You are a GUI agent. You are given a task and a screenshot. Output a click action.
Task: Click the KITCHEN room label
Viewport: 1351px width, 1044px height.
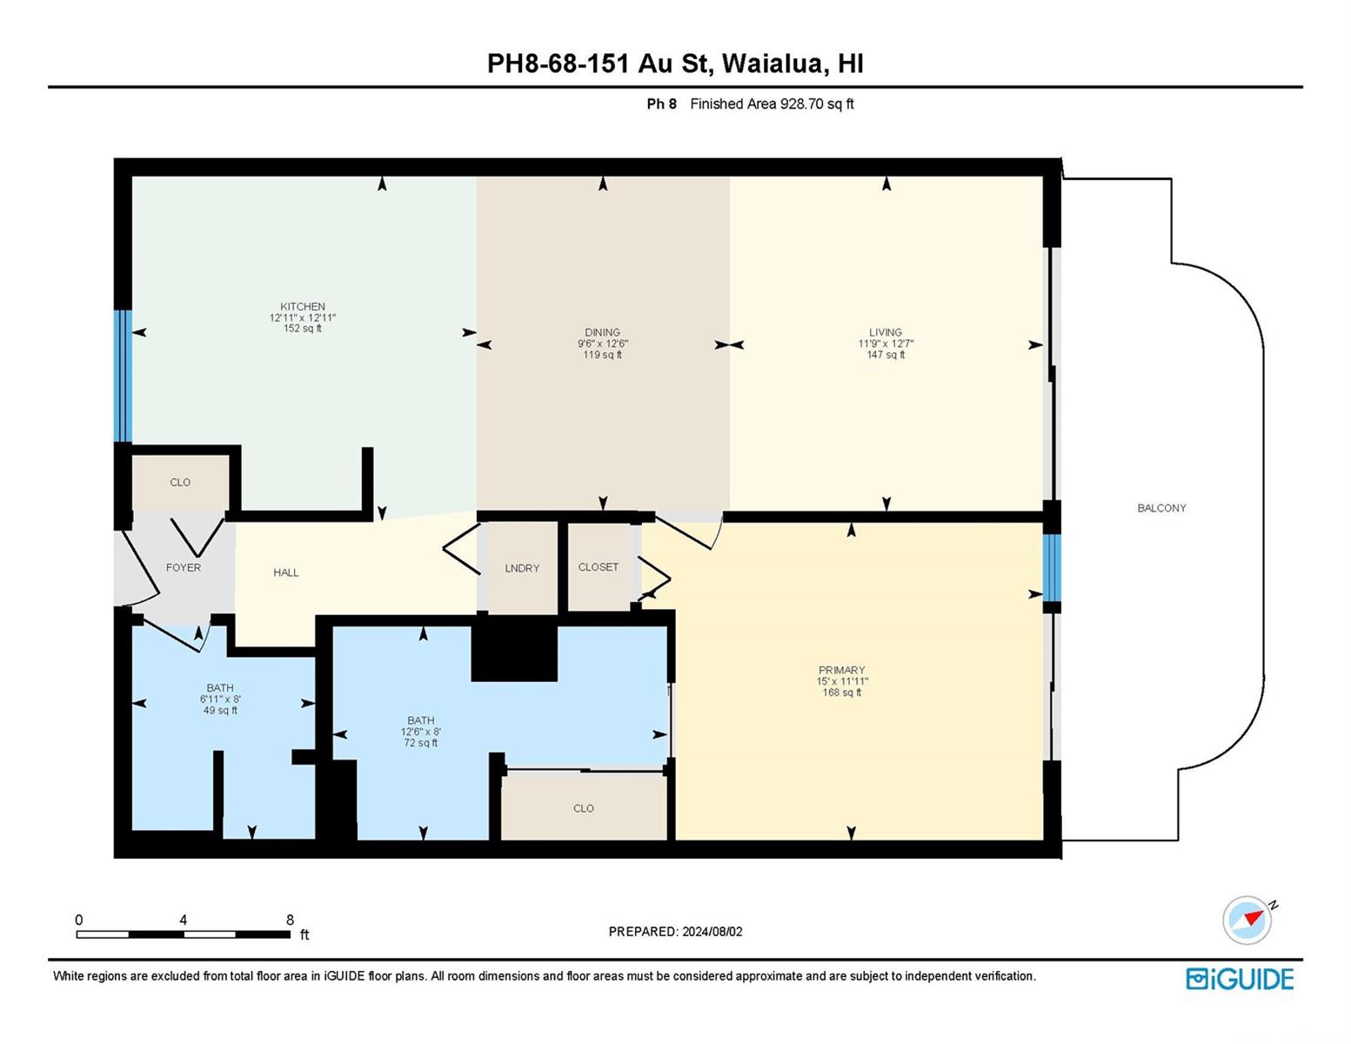point(302,306)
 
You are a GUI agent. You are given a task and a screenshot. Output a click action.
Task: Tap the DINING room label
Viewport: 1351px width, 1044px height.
point(602,332)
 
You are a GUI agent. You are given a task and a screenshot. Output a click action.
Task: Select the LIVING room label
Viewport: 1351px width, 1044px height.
point(886,332)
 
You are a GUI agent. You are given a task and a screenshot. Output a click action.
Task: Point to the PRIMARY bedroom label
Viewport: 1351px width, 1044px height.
point(841,670)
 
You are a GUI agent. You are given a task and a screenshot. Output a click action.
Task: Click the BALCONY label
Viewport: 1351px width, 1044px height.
point(1161,508)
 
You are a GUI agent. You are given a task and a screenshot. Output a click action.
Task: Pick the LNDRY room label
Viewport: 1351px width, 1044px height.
point(522,568)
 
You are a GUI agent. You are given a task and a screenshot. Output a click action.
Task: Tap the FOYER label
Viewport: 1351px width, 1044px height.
point(183,568)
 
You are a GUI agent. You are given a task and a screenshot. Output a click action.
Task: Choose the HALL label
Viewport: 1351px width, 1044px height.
point(286,572)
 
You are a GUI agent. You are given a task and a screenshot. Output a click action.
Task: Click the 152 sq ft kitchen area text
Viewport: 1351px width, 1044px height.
point(302,328)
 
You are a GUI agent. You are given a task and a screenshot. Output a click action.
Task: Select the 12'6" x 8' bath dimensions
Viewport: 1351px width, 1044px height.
point(420,732)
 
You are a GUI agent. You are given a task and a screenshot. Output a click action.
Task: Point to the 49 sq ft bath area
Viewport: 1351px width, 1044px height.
point(220,710)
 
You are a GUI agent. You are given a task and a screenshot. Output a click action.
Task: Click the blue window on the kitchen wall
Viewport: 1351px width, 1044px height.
point(124,376)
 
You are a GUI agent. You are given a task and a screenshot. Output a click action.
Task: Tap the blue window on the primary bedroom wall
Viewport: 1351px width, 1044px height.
point(1052,568)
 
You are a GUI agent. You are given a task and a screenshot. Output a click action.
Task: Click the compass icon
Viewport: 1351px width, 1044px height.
point(1247,920)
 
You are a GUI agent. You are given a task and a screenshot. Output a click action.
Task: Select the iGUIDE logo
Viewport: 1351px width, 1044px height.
point(1239,980)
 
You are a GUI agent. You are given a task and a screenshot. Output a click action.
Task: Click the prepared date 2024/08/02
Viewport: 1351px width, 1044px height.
point(712,932)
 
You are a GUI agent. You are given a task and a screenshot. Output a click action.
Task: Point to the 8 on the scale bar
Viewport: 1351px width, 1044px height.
point(290,920)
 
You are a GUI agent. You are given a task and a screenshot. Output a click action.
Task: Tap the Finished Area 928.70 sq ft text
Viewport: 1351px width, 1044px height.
point(772,104)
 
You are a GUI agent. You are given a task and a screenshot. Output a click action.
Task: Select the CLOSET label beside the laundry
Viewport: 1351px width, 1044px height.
point(599,567)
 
